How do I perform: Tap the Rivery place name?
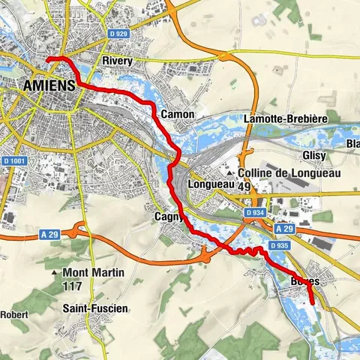(118, 61)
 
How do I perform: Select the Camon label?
(178, 115)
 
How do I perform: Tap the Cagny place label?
(166, 217)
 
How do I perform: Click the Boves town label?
(304, 281)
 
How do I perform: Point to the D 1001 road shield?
(14, 160)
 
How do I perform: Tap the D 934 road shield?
(254, 213)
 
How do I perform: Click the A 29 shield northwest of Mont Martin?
(50, 234)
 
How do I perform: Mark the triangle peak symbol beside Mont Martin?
(57, 272)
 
